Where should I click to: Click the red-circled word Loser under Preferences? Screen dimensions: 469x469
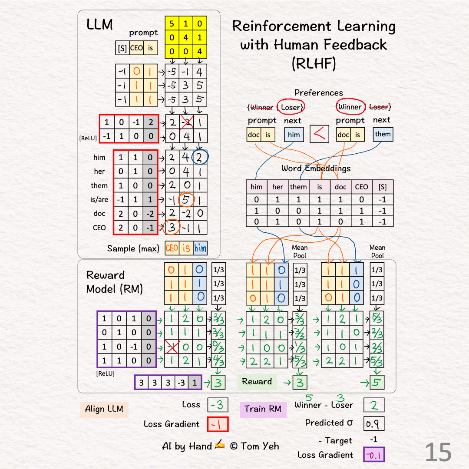click(291, 107)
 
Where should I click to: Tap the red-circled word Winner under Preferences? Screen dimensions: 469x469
click(350, 106)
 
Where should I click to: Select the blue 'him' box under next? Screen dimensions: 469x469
click(294, 135)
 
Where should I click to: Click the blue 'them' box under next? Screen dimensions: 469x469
click(383, 134)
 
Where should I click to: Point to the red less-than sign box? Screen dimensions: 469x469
click(320, 134)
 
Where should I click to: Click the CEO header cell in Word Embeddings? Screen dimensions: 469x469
click(361, 187)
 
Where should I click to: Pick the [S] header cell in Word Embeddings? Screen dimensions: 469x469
click(383, 187)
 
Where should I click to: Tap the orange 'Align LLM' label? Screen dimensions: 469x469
click(104, 409)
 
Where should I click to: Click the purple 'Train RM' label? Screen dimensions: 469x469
click(263, 409)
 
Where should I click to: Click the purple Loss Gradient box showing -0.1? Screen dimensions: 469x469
click(373, 455)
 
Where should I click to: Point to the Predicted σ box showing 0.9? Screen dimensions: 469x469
click(373, 423)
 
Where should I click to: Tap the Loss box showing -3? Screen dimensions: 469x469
click(218, 405)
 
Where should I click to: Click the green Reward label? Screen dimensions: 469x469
click(257, 382)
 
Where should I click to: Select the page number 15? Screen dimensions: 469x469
click(438, 452)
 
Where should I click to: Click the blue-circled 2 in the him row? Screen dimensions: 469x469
click(200, 157)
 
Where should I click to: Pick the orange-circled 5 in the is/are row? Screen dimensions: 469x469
click(186, 200)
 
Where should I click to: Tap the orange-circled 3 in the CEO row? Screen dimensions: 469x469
click(172, 227)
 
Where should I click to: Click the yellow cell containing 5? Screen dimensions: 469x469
click(172, 23)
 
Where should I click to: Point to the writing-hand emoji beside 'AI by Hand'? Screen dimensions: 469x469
click(220, 445)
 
